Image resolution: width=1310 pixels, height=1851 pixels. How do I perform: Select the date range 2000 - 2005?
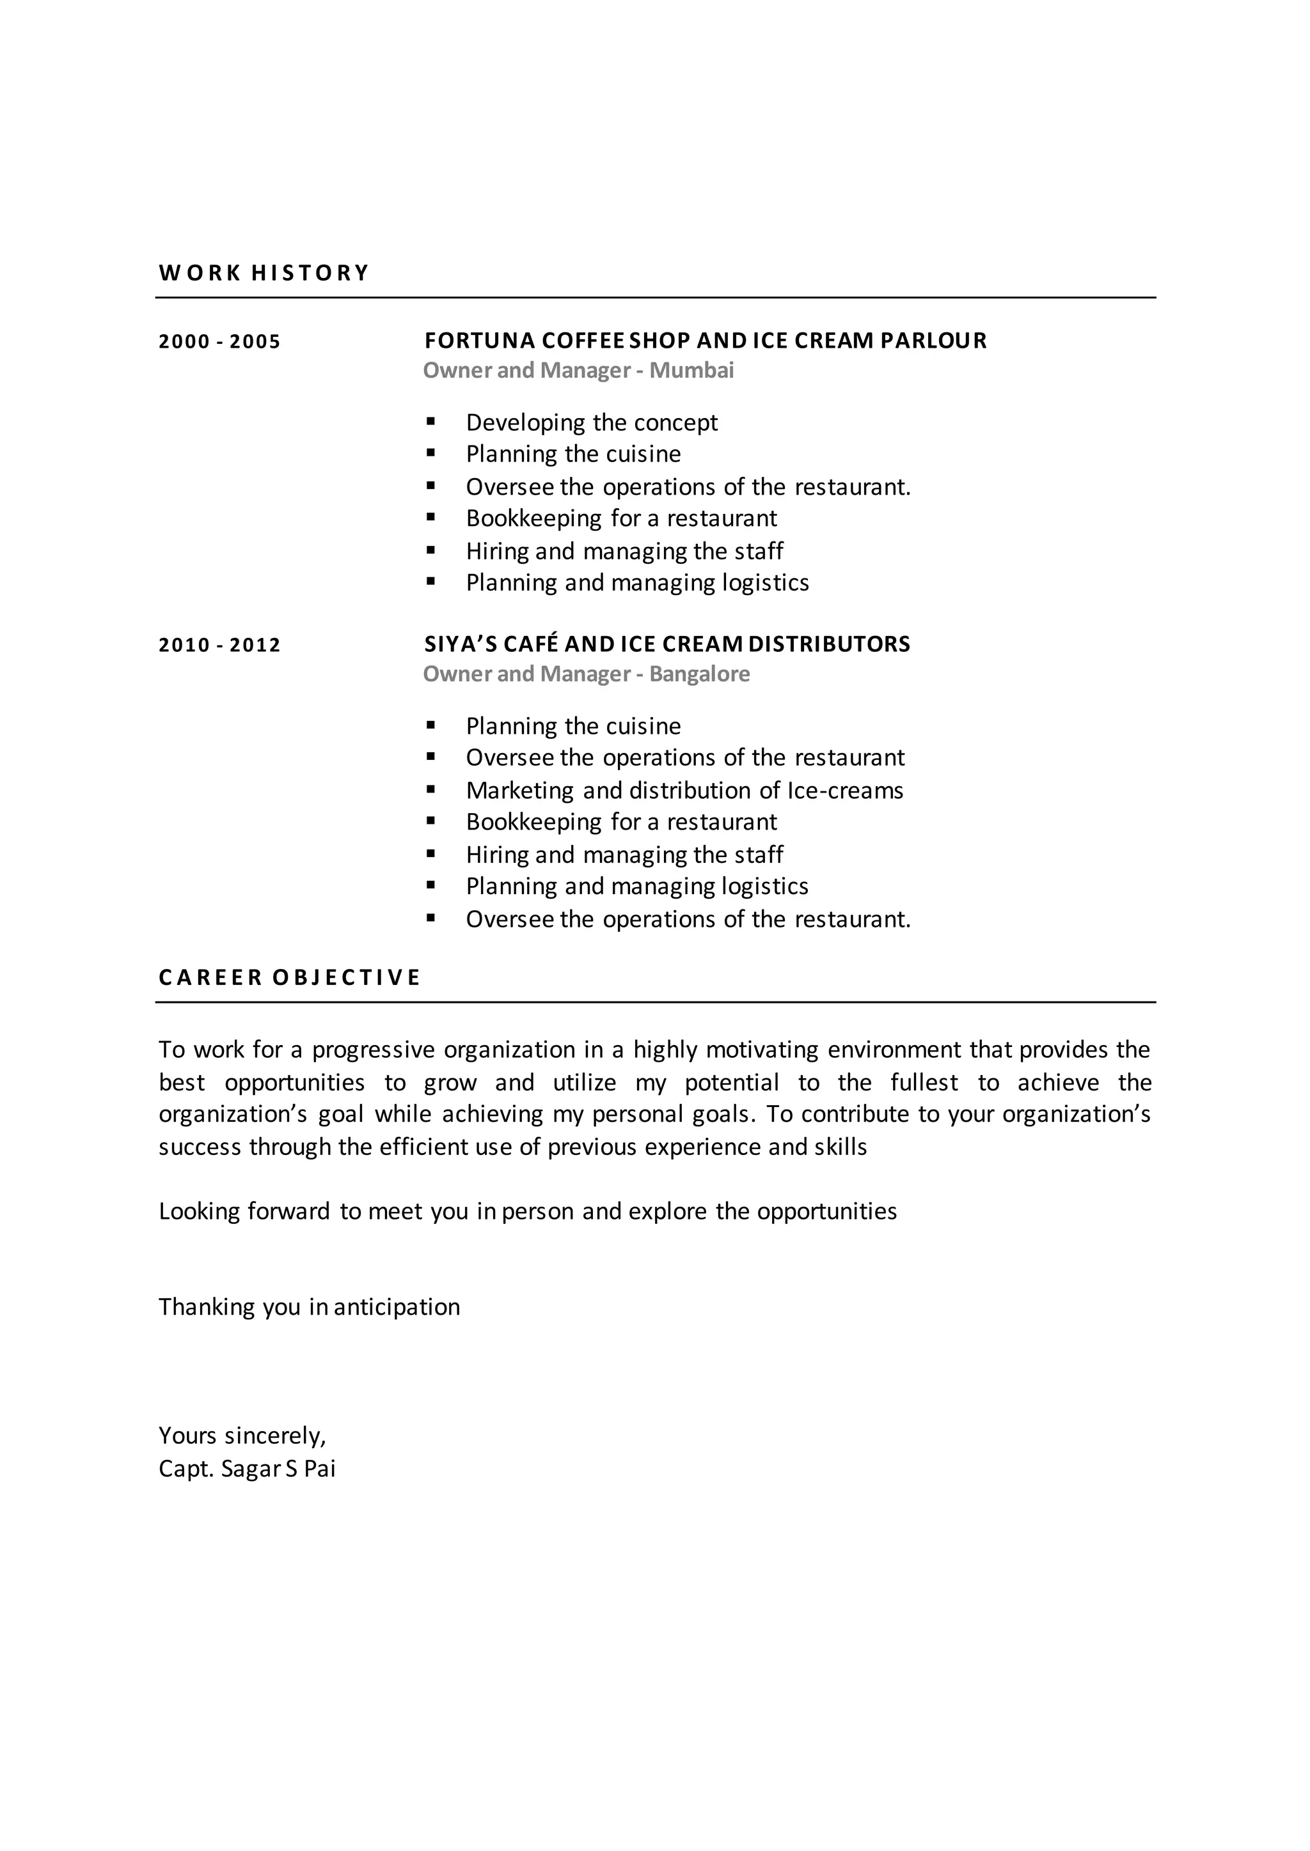tap(219, 342)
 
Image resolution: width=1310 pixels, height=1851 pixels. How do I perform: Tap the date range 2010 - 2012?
tap(219, 645)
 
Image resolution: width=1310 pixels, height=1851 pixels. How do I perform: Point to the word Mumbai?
tap(691, 370)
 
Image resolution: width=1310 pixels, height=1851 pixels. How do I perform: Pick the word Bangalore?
tap(699, 674)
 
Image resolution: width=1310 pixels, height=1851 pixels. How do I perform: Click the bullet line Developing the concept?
tap(591, 422)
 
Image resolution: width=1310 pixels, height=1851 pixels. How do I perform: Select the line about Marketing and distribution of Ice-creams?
tap(684, 790)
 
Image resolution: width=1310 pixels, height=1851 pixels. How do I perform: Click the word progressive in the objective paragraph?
tap(374, 1049)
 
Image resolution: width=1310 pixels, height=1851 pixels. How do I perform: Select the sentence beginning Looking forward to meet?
tap(528, 1211)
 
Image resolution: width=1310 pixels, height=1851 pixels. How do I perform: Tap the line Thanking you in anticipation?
tap(309, 1307)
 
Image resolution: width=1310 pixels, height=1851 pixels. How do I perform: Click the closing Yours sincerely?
tap(242, 1436)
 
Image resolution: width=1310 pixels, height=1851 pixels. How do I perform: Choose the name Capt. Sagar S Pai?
tap(247, 1469)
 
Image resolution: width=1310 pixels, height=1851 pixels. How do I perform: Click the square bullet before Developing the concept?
tap(430, 421)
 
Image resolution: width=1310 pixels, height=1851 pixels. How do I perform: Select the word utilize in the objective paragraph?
tap(584, 1083)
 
